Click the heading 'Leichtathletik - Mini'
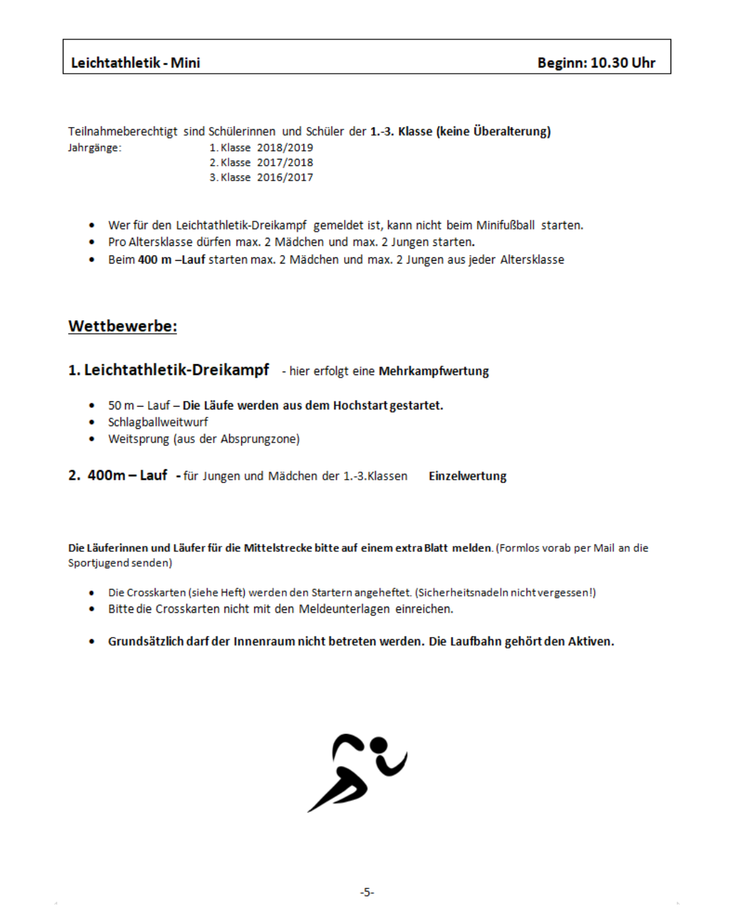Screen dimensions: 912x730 point(135,63)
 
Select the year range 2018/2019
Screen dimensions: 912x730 point(285,147)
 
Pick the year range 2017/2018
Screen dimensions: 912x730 point(285,162)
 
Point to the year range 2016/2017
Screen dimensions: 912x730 point(285,177)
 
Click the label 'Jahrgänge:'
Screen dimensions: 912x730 point(95,147)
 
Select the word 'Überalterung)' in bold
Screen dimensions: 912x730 point(512,131)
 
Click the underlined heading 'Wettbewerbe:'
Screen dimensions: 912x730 point(122,326)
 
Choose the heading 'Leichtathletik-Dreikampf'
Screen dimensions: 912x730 point(176,370)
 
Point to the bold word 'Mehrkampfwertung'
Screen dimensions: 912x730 point(433,371)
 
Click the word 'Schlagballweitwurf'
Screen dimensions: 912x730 point(157,422)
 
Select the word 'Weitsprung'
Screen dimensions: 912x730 point(138,439)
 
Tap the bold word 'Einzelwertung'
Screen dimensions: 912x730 point(467,476)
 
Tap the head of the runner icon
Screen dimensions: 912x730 point(379,744)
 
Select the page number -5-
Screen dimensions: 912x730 point(366,892)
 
